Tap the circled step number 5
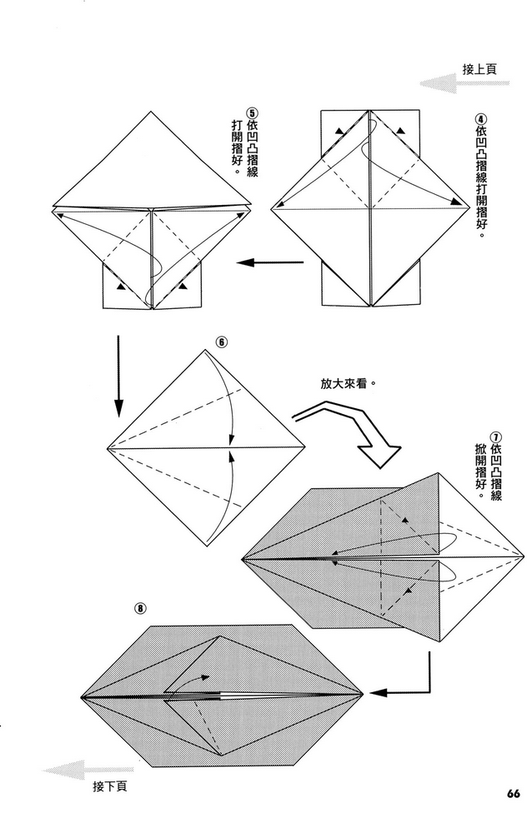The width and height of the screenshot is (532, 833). pos(252,115)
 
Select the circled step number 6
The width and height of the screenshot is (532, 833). pos(221,342)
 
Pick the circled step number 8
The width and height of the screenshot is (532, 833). pos(141,608)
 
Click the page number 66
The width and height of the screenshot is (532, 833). pos(512,792)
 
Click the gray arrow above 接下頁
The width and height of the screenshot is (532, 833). pos(76,771)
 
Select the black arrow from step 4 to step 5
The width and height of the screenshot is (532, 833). pos(269,263)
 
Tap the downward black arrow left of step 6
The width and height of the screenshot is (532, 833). pos(118,375)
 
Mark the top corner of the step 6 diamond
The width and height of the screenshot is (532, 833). pos(203,351)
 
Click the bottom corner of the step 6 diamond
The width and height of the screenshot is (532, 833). pos(203,546)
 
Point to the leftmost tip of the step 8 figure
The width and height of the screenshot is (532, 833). pos(81,695)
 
